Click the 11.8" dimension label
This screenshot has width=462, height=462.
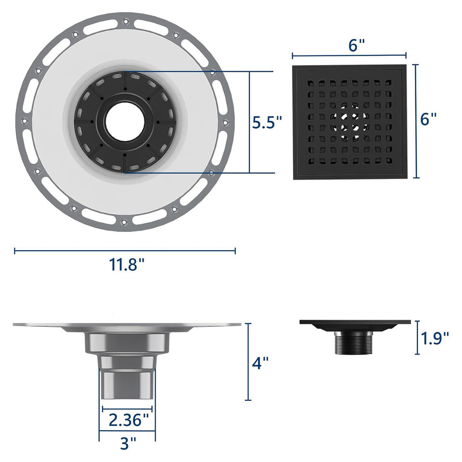127,264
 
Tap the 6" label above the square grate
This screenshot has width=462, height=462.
357,45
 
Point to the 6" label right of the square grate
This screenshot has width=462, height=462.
428,119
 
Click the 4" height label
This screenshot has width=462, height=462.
260,363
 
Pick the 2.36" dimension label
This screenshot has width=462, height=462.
129,420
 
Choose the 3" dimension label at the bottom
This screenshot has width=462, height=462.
128,443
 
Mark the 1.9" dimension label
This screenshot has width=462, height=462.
435,338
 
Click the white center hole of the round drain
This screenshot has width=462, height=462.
125,122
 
